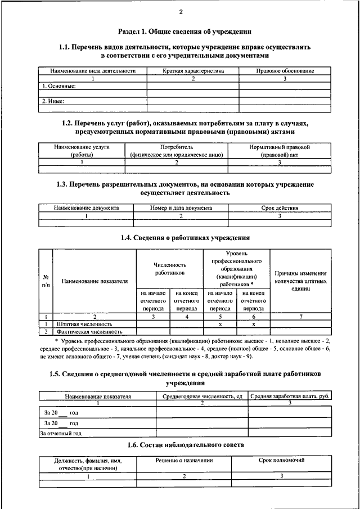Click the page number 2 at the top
point(181,12)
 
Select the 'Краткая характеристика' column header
point(193,71)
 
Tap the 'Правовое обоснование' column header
point(285,71)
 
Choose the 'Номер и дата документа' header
point(181,208)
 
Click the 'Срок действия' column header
point(280,208)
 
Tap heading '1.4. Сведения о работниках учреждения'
point(185,238)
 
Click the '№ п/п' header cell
point(44,281)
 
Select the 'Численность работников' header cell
point(170,268)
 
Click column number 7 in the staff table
point(301,317)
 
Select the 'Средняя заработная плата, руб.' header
point(290,397)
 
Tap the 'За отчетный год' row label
point(61,434)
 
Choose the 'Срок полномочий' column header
point(282,461)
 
